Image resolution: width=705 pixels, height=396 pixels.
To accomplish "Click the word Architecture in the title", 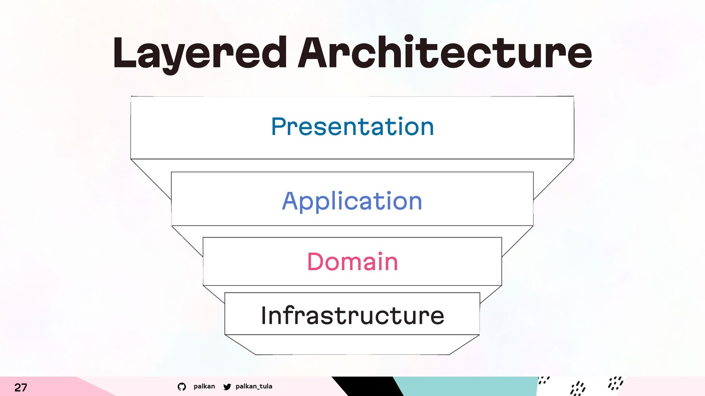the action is pyautogui.click(x=445, y=52).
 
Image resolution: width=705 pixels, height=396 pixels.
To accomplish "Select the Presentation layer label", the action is pyautogui.click(x=352, y=126).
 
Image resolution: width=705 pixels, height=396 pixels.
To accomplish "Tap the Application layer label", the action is pyautogui.click(x=352, y=201).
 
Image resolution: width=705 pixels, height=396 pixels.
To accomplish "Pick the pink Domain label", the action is pyautogui.click(x=352, y=262).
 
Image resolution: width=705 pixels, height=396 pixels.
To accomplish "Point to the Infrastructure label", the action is pyautogui.click(x=352, y=315).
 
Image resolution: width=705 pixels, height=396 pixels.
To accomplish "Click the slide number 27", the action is pyautogui.click(x=21, y=387).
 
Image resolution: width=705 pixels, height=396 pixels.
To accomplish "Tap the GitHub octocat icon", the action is pyautogui.click(x=182, y=386).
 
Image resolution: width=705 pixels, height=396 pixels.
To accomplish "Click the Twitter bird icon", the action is pyautogui.click(x=227, y=386).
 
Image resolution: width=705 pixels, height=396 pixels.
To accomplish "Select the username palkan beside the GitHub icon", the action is pyautogui.click(x=204, y=386).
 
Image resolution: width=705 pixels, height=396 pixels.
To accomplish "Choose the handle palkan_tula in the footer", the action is pyautogui.click(x=254, y=386).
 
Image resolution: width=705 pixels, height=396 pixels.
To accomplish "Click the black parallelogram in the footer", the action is pyautogui.click(x=367, y=386).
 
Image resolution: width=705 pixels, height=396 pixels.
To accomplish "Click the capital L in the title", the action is pyautogui.click(x=125, y=52).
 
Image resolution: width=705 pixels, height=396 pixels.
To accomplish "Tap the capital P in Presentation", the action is pyautogui.click(x=279, y=126).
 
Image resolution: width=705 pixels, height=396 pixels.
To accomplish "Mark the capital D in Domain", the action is pyautogui.click(x=315, y=262).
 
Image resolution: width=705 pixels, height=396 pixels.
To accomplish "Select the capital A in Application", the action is pyautogui.click(x=290, y=201).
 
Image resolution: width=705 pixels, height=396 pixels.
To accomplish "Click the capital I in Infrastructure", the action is pyautogui.click(x=264, y=315).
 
